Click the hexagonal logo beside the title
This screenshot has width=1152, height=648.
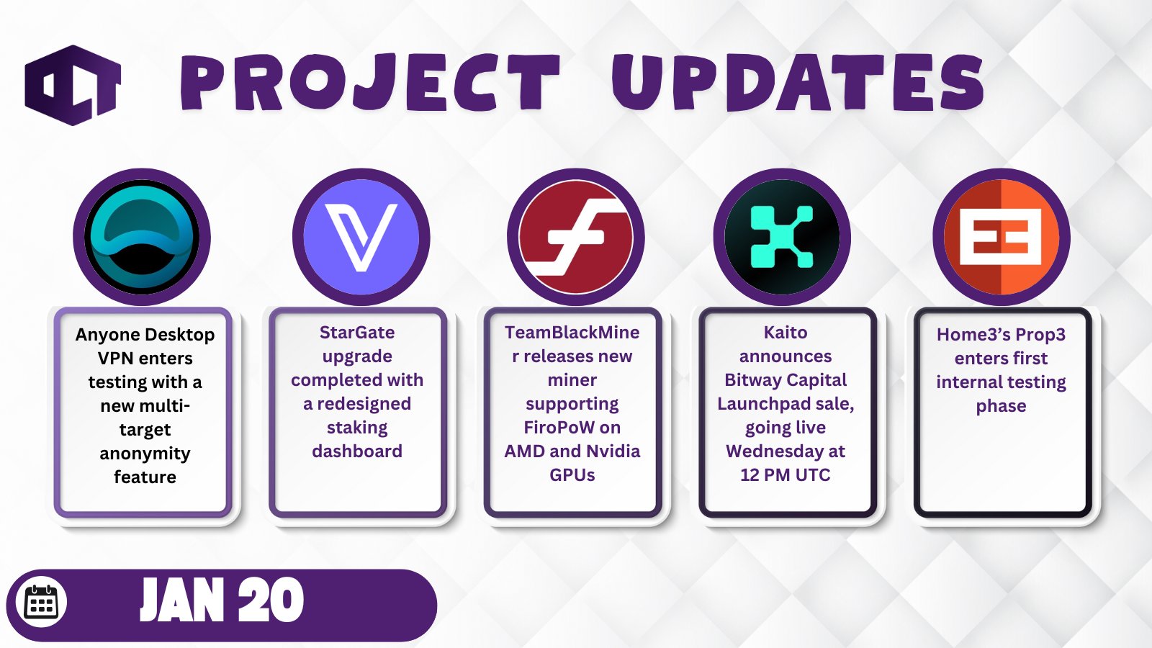[73, 85]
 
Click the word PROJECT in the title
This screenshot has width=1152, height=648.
[370, 83]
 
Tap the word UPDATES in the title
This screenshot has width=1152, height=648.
[797, 82]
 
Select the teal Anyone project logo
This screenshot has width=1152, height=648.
[142, 237]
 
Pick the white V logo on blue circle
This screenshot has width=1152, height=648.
[361, 237]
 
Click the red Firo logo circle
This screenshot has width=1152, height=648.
[576, 237]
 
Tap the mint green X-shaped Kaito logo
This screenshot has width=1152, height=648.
[782, 237]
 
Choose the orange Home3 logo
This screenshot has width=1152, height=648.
[1002, 237]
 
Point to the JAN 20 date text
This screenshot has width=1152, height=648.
[222, 600]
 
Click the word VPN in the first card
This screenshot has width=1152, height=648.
[115, 359]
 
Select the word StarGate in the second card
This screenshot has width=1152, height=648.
[357, 333]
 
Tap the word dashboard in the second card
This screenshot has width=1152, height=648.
[357, 451]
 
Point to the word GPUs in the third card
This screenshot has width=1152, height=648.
[572, 474]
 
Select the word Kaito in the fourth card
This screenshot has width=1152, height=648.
[786, 333]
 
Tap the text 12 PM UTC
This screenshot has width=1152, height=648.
[786, 474]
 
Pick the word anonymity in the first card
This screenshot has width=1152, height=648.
[145, 454]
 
